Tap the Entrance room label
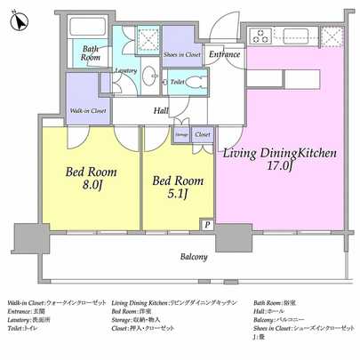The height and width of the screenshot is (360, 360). point(224,53)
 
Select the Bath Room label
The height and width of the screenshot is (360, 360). point(91,52)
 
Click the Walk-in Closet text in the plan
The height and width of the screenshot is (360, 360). point(88,111)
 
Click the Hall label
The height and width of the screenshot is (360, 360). point(161,111)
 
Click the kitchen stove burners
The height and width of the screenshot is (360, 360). point(265,36)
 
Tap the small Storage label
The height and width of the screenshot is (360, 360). point(180,134)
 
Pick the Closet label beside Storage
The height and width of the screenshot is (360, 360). point(203,134)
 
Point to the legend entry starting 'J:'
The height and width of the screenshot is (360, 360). point(259,337)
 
